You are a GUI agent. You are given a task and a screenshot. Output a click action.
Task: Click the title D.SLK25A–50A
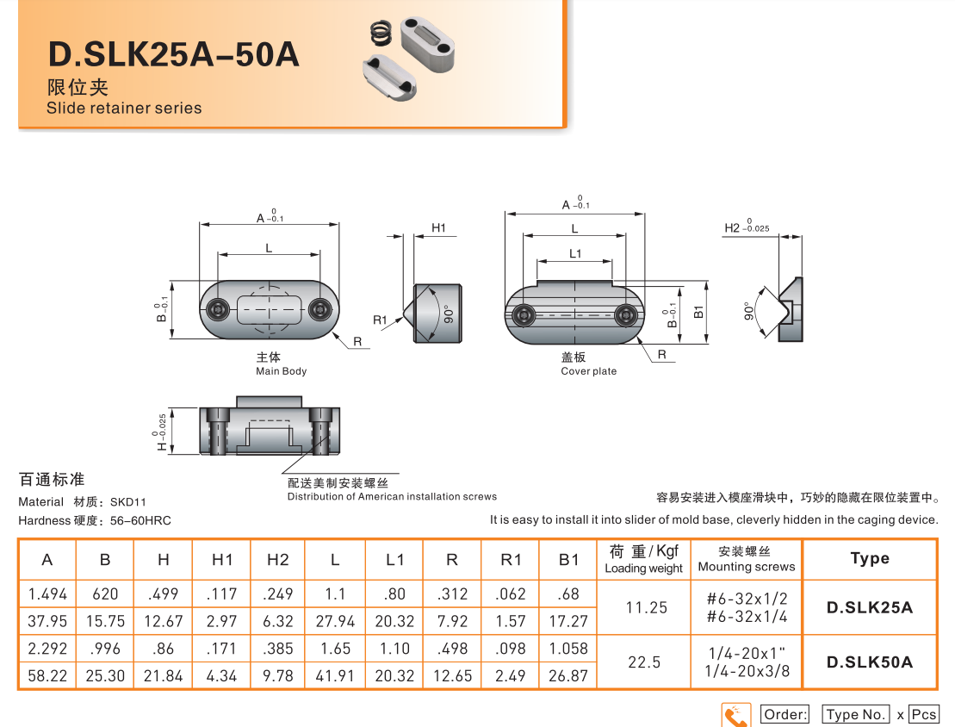coord(173,54)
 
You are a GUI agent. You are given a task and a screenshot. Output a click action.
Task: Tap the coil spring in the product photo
coord(381,35)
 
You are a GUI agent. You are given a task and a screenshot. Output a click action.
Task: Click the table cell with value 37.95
coord(47,621)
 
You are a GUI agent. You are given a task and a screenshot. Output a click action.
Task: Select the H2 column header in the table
coord(277,560)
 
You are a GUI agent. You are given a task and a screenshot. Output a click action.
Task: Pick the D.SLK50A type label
coord(869,662)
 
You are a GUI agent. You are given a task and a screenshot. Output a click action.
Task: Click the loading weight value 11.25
coord(646,607)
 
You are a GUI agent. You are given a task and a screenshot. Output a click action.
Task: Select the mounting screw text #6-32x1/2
coord(747,598)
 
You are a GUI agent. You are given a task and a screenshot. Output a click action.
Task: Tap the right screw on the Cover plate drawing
coord(626,316)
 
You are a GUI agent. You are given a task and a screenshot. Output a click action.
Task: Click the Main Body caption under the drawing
coord(281,371)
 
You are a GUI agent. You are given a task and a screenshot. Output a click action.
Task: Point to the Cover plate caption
coord(588,371)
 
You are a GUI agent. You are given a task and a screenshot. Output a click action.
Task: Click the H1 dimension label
coord(438,228)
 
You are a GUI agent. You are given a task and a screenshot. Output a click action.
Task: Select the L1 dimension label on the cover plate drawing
coord(575,254)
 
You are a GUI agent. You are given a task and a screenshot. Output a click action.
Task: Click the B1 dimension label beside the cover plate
coord(699,312)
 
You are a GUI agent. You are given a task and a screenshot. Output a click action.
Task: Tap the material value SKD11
coord(128,502)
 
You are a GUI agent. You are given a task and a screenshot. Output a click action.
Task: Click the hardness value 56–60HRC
coord(140,521)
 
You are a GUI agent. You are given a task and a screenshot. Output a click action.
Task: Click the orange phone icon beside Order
coord(736,715)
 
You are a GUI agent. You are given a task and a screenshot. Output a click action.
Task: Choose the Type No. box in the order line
coord(855,715)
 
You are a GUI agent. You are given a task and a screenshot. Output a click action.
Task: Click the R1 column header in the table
coord(511,560)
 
